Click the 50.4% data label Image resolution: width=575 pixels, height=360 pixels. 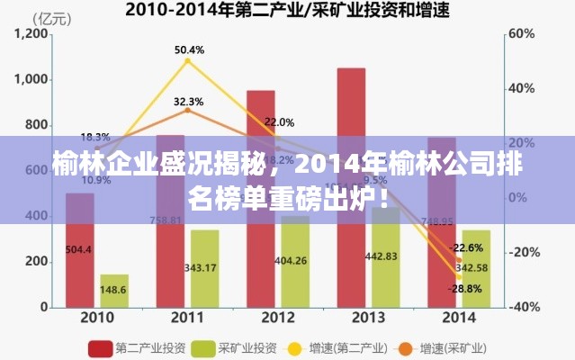(189, 49)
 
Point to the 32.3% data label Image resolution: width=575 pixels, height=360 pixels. (188, 101)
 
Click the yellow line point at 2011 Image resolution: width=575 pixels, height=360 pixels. (187, 60)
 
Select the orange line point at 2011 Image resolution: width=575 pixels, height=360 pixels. (187, 110)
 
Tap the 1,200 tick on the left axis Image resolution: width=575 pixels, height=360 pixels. (31, 33)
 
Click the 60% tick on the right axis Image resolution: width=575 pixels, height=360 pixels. (522, 33)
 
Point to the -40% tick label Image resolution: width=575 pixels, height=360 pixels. (525, 307)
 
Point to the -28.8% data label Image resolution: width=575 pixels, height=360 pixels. (466, 288)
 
